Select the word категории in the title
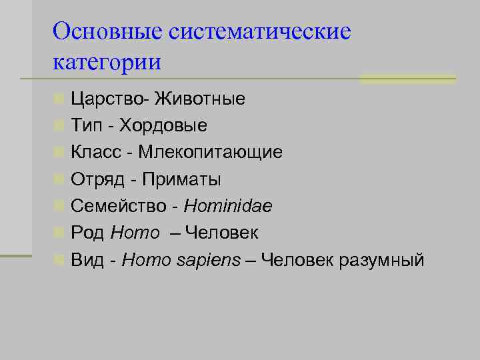(107, 63)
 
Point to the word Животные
(200, 99)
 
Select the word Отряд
(99, 180)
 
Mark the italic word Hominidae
(228, 207)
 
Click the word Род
(87, 233)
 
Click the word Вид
(87, 260)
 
